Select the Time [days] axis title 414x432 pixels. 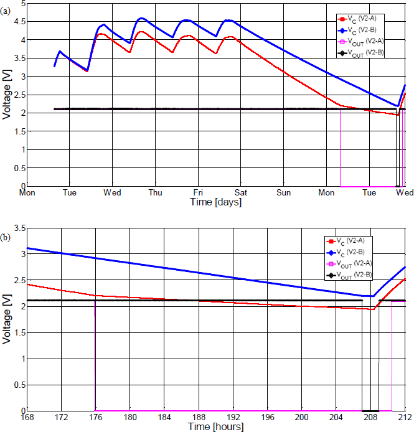coord(215,202)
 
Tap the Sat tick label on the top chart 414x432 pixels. coord(240,193)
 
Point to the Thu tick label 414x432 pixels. coord(155,193)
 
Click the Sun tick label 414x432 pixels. coord(283,193)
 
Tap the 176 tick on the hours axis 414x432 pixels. coord(96,417)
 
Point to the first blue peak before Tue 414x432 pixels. coord(60,51)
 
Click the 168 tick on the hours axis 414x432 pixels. coord(27,417)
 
